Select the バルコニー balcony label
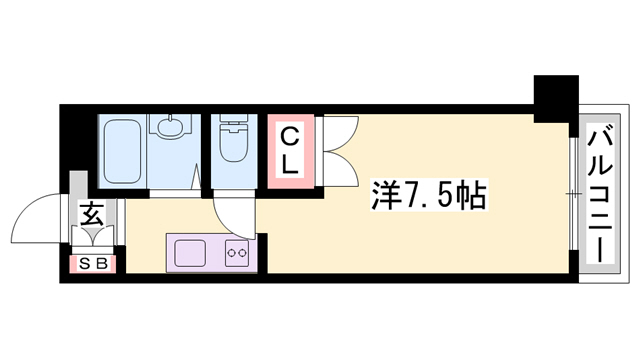(602, 193)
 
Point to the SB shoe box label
(97, 264)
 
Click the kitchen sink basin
(190, 253)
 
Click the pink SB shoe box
(97, 264)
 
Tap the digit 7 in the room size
(410, 194)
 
